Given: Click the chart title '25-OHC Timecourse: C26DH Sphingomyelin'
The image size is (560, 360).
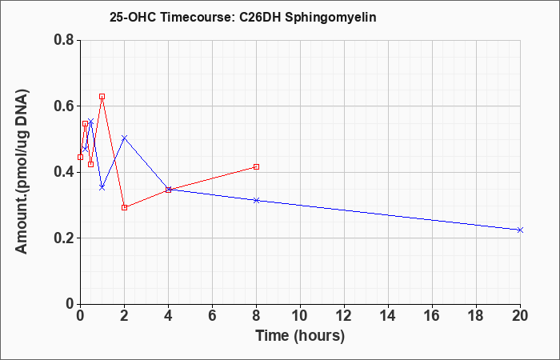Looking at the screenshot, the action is (x=243, y=18).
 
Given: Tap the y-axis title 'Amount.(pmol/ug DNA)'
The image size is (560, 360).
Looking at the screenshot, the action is (x=22, y=171).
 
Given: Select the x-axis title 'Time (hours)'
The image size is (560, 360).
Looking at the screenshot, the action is (x=300, y=336).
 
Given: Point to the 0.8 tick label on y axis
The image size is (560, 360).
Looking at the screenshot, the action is (x=64, y=40).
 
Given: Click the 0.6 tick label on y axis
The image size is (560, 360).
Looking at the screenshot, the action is (x=64, y=106).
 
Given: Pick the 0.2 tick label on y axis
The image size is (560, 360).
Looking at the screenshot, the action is (x=64, y=238).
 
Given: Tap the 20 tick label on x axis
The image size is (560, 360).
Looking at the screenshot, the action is (x=520, y=316).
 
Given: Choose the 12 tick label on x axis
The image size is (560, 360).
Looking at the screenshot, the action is (x=344, y=316).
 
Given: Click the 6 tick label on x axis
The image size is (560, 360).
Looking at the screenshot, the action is (x=212, y=316).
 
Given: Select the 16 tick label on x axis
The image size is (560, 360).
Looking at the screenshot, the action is (x=432, y=316).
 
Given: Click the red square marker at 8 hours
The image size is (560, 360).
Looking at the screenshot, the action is (x=256, y=166).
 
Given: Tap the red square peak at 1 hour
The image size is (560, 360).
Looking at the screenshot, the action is (x=102, y=97).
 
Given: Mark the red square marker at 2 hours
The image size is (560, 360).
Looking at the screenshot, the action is (x=124, y=207).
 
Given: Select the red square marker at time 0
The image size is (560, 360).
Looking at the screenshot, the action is (x=80, y=157).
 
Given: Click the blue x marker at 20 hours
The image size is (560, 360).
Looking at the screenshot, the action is (x=520, y=230).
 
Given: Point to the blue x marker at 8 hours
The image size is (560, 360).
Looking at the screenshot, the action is (x=256, y=200).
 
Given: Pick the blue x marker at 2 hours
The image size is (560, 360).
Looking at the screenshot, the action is (x=124, y=138).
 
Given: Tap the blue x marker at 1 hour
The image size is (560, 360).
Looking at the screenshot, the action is (x=102, y=187).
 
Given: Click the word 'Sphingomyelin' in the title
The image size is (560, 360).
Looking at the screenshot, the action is (x=330, y=18).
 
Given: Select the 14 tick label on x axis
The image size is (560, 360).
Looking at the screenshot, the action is (x=388, y=316).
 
